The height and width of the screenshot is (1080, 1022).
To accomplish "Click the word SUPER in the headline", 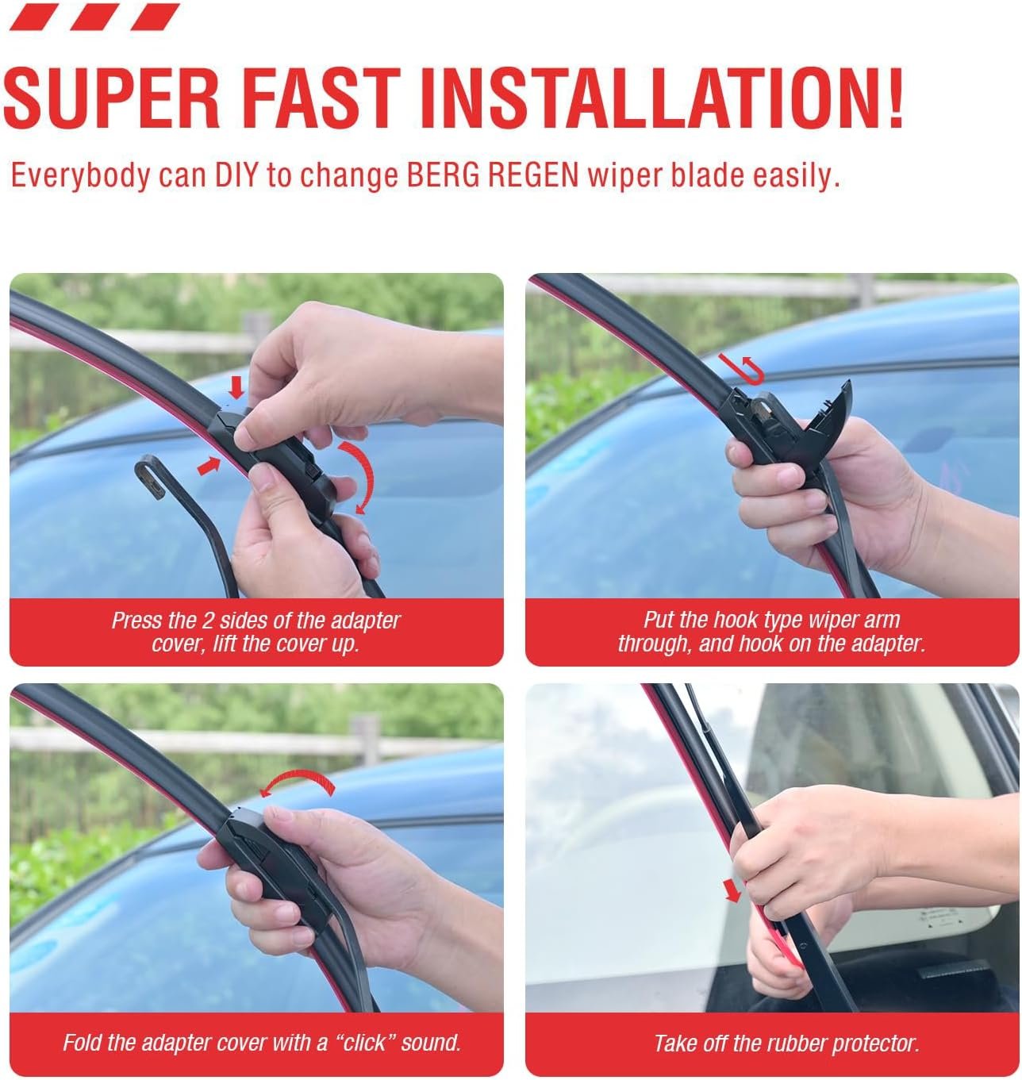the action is [x=112, y=99].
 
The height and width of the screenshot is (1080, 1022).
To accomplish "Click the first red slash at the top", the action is [x=34, y=17].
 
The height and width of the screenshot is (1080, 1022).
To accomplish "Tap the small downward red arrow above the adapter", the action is [x=236, y=388].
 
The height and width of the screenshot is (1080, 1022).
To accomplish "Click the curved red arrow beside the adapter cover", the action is [x=358, y=477].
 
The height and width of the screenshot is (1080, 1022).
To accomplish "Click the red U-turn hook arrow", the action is [x=743, y=368].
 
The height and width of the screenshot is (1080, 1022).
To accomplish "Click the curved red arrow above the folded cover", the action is [x=298, y=781].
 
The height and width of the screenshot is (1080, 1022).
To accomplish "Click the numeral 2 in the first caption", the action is [x=207, y=621].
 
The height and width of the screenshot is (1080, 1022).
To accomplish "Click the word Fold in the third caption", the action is [x=83, y=1043].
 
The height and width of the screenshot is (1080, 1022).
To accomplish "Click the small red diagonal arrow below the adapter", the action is [x=209, y=467].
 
